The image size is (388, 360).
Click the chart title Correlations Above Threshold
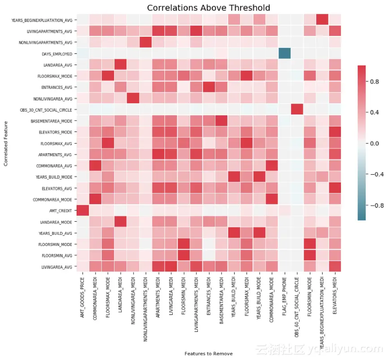[209, 8]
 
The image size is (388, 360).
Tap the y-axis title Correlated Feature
[6, 143]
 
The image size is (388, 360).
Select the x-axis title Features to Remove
[209, 354]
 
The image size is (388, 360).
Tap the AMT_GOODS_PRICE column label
[83, 297]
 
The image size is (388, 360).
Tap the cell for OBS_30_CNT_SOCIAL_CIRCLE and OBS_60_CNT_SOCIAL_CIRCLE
[297, 110]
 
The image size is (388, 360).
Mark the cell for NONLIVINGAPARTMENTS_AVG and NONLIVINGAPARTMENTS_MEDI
[145, 43]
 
